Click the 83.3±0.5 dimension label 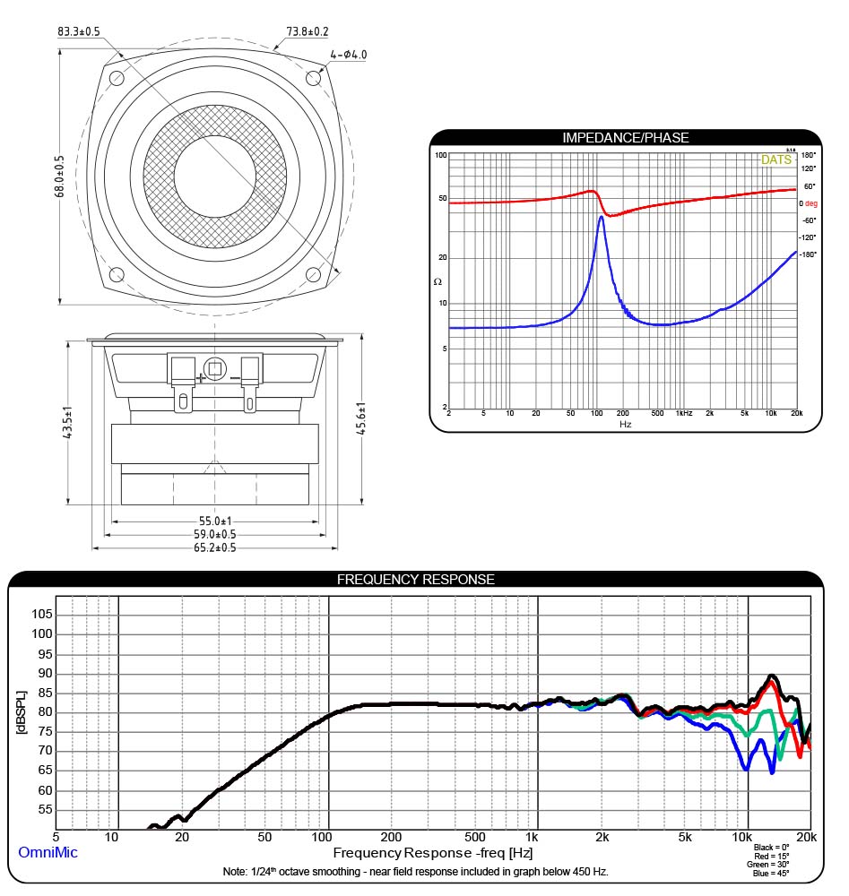78,31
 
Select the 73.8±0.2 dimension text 308,31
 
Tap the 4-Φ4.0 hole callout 348,55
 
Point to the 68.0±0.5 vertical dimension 59,177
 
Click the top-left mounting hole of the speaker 117,78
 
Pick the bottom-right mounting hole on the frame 313,275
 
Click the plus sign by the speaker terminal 201,378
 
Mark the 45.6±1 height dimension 360,418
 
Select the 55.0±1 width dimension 215,521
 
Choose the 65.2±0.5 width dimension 215,547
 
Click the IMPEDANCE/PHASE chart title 626,138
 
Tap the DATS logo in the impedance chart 775,159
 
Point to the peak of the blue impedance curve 602,217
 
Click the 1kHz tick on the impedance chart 684,413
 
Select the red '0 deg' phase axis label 809,203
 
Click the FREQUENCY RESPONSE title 416,580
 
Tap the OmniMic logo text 48,852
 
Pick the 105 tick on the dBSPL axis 42,615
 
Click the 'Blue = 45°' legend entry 771,873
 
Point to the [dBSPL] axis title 22,712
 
